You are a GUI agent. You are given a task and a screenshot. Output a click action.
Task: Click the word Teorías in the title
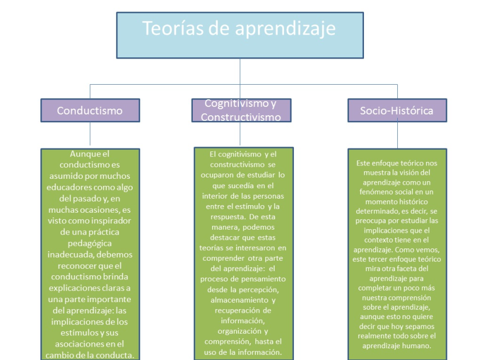(173, 28)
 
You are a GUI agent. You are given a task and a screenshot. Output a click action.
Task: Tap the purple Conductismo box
(90, 110)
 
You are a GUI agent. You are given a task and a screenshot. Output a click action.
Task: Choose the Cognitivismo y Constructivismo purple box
(241, 110)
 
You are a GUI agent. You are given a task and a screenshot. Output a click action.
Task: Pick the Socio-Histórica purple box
(397, 110)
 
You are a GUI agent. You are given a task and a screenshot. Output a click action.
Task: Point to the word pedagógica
(89, 244)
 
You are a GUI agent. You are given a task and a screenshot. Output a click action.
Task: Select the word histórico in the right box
(412, 202)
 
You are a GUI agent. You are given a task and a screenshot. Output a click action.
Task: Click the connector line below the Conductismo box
(90, 134)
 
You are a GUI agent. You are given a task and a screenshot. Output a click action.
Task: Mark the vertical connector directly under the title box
(240, 71)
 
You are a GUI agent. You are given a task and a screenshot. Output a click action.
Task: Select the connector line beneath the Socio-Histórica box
(397, 135)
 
